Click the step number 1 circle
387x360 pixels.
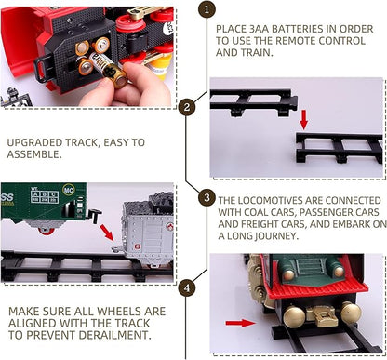(x=207, y=9)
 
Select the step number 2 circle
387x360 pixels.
(x=186, y=108)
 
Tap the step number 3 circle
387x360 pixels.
(x=207, y=197)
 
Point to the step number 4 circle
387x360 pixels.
(x=187, y=287)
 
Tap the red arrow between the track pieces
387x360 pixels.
(x=304, y=119)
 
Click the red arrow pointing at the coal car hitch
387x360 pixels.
(x=107, y=233)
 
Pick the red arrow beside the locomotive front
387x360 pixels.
(x=240, y=323)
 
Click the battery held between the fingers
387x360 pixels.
(x=108, y=68)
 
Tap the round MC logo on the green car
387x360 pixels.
(x=69, y=190)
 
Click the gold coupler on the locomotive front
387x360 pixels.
(x=321, y=315)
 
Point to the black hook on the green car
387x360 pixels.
(x=95, y=215)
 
